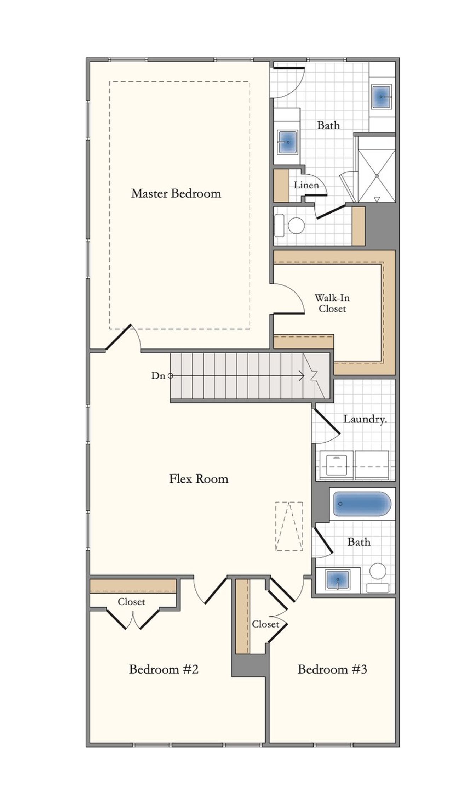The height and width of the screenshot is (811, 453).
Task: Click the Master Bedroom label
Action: coord(176,193)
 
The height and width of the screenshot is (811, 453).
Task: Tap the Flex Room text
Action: coord(199,479)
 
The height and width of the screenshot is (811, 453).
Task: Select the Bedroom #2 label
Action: coord(164,669)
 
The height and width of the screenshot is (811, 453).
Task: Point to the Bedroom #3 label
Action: coord(332,669)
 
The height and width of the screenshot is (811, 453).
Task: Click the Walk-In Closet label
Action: coord(332,303)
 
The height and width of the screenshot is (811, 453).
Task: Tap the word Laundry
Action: coord(365,419)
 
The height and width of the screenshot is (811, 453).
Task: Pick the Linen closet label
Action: coord(306,185)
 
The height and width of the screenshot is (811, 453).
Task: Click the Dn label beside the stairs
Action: coord(158,376)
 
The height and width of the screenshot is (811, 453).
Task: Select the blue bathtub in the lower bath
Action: coord(362,504)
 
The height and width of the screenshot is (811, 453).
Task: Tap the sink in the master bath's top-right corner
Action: coord(381,97)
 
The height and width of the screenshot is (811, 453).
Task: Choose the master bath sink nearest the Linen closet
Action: coord(287,142)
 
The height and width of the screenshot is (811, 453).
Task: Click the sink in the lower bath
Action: coord(338,580)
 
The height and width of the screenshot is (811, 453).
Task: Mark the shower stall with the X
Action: coord(377,176)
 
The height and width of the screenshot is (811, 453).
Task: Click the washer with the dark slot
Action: coord(336,465)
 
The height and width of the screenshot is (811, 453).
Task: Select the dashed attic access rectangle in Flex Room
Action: coord(289,526)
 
